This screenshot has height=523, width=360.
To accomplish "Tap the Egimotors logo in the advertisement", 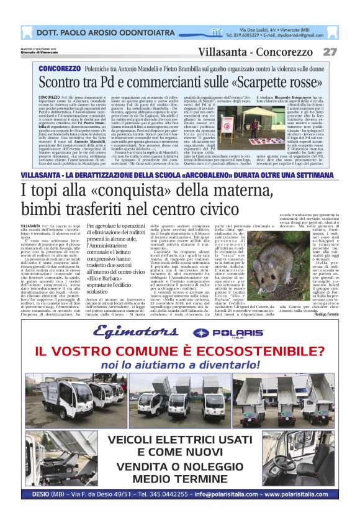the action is pos(130,333).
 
